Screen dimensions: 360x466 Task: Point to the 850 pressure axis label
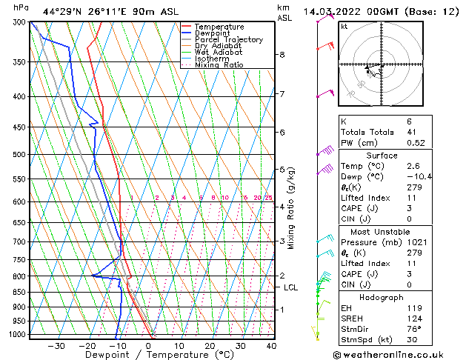(20, 292)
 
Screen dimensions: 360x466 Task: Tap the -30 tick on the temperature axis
(56, 346)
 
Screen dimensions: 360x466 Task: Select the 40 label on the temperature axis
(270, 346)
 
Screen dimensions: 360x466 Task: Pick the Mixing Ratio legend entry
(219, 64)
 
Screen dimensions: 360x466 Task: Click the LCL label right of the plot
(291, 287)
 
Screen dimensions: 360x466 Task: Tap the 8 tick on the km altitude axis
(282, 55)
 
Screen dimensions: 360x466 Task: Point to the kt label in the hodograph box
(344, 27)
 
